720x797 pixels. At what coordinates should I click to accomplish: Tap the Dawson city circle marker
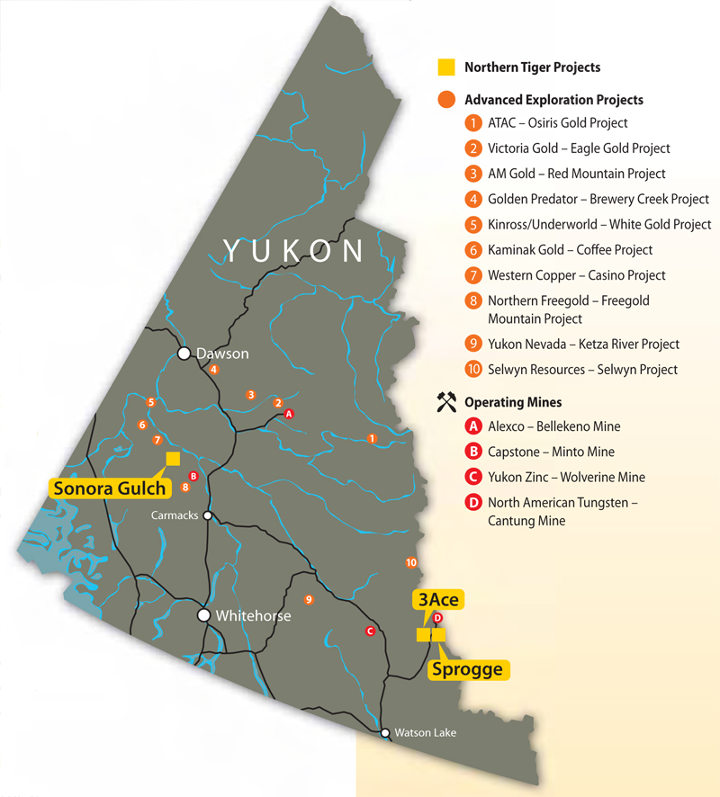pos(184,354)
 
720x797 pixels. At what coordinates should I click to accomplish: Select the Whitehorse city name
pos(253,616)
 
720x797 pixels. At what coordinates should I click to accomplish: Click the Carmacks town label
pos(175,515)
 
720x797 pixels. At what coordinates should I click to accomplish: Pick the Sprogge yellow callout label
pos(466,669)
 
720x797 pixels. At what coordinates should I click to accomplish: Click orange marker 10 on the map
pos(411,562)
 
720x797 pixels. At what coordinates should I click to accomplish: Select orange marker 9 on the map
pos(309,599)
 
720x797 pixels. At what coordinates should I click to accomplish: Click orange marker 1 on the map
pos(372,438)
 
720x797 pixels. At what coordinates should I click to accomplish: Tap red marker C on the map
pos(369,631)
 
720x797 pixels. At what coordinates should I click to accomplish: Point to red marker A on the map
pos(289,414)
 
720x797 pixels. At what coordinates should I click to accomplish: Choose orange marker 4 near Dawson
pos(213,369)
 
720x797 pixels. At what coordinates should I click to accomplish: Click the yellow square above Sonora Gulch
pos(173,459)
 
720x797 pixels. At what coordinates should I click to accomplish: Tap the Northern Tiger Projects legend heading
pos(532,67)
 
